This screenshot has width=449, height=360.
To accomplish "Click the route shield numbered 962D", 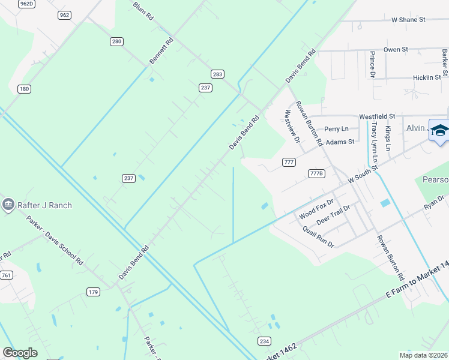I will [x=27, y=4].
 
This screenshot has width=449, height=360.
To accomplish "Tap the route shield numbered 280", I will [x=116, y=41].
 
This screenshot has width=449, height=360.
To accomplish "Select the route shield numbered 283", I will [x=217, y=74].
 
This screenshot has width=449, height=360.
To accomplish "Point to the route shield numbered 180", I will [x=24, y=89].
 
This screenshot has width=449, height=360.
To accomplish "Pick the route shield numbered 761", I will [x=7, y=275].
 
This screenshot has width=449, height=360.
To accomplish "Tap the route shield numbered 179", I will [x=93, y=292].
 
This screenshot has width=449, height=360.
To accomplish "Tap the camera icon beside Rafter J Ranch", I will [x=8, y=205].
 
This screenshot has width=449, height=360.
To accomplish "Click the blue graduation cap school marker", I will [x=439, y=130].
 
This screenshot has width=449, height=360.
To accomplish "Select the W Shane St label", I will [x=408, y=20].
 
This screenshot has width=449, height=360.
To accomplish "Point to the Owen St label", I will [x=396, y=49].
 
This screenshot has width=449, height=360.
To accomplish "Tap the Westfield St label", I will [x=377, y=116].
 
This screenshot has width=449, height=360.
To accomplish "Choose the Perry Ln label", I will [x=336, y=129].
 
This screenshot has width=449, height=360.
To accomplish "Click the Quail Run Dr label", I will [x=318, y=237].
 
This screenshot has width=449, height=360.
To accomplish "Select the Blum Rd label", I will [x=143, y=11].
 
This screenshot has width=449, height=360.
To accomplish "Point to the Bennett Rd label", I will [x=161, y=51].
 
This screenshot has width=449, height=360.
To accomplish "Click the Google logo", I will [x=20, y=352].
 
